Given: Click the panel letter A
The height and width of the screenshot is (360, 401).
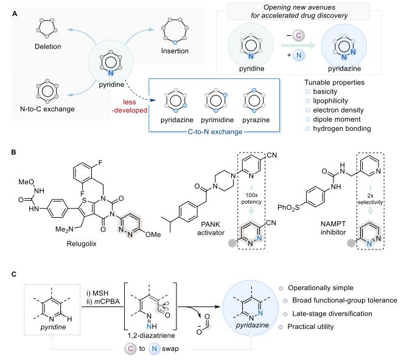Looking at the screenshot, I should pos(7,5).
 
